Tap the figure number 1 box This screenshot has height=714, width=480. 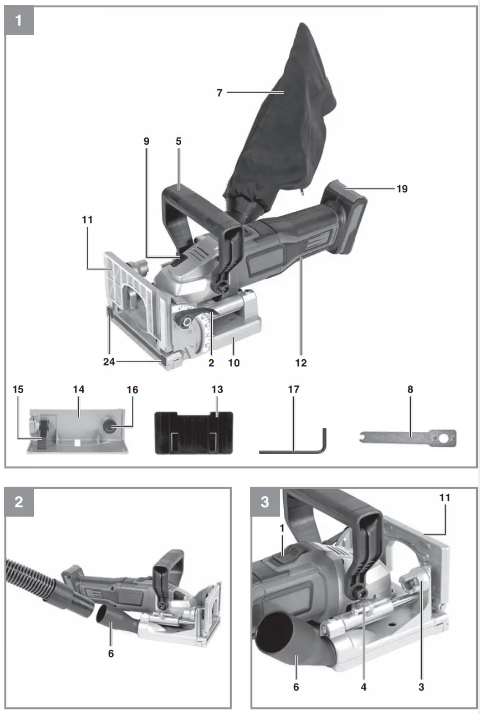pyautogui.click(x=19, y=21)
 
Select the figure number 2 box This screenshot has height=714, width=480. pyautogui.click(x=19, y=502)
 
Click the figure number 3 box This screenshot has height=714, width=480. pyautogui.click(x=265, y=502)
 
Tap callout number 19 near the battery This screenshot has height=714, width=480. pyautogui.click(x=402, y=188)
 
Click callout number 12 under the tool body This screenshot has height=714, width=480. pyautogui.click(x=301, y=363)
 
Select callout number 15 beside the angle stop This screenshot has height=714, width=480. pyautogui.click(x=18, y=390)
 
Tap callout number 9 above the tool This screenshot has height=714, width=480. pyautogui.click(x=147, y=141)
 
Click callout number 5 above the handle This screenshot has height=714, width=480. pyautogui.click(x=178, y=141)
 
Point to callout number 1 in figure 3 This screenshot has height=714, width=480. pyautogui.click(x=282, y=529)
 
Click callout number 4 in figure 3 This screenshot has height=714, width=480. pyautogui.click(x=364, y=687)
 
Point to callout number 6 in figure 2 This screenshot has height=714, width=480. pyautogui.click(x=111, y=654)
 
